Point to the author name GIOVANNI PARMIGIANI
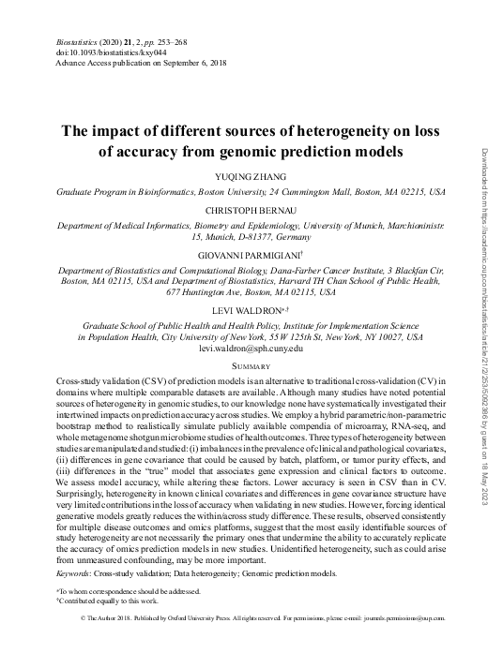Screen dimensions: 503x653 coord(249,256)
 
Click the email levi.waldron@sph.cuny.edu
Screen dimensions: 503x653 coord(251,349)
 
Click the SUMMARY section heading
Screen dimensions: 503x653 coord(251,366)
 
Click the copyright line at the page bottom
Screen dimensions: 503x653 coord(251,620)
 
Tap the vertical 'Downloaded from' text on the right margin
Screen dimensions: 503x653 coord(486,309)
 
